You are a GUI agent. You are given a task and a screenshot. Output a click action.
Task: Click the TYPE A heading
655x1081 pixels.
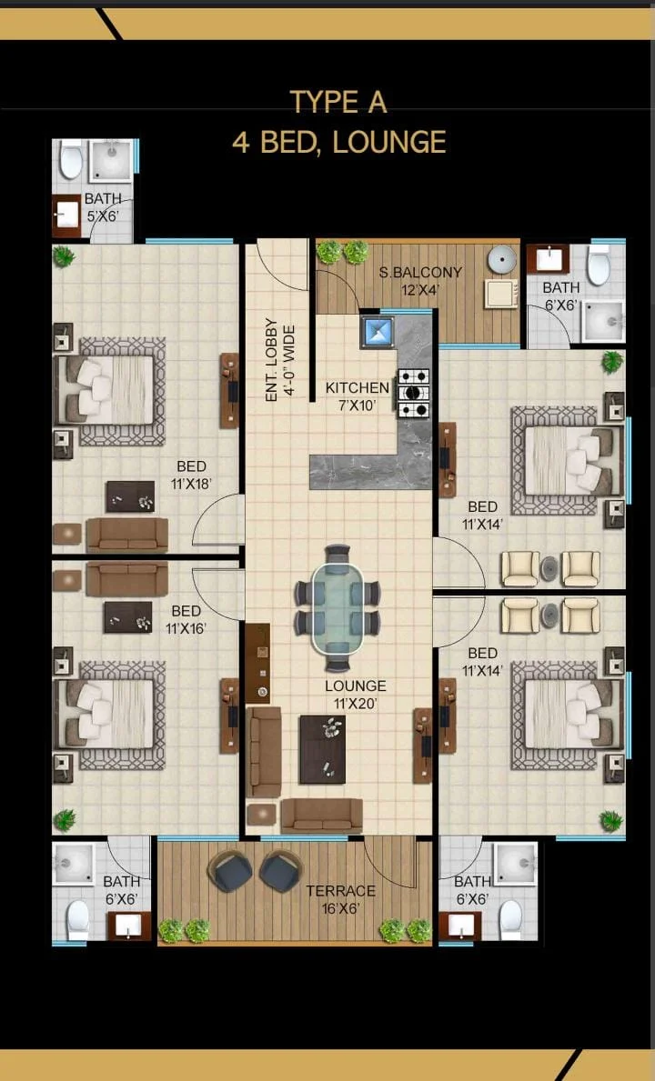coord(338,102)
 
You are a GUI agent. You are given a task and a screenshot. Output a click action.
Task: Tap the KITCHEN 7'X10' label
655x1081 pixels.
coord(358,396)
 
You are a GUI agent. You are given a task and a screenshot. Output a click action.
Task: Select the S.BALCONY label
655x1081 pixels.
coord(420,273)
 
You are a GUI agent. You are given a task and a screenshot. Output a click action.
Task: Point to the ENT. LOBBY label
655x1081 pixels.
coord(271,360)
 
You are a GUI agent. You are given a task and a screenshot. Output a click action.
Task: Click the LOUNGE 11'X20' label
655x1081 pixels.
coord(356,695)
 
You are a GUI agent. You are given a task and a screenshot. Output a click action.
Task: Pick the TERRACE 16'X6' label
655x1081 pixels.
coord(341,900)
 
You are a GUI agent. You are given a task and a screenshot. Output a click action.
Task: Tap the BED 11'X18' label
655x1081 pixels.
coord(191,475)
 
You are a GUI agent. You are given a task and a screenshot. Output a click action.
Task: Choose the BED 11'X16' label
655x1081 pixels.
coord(186,619)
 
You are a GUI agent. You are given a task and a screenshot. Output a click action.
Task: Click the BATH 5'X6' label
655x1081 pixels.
coord(103,206)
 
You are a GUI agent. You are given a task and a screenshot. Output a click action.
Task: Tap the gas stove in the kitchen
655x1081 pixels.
coord(414,394)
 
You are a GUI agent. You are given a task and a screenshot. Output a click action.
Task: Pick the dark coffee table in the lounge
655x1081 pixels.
coord(322,749)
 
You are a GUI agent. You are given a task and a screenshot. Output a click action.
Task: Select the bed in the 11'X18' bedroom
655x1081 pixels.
coord(110,390)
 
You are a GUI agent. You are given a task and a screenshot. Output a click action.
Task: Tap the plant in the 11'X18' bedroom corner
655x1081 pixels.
coord(64,256)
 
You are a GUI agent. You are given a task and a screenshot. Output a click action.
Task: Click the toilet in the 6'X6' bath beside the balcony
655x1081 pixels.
coord(600,265)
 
